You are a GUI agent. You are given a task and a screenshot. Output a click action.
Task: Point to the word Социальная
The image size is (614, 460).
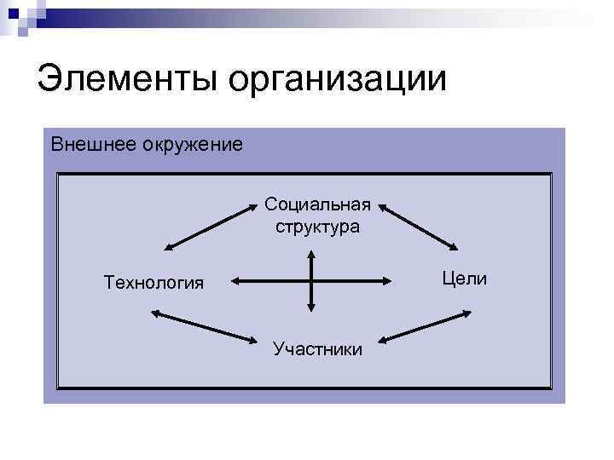317,204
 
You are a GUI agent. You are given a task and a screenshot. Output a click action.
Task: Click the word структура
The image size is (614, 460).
317,227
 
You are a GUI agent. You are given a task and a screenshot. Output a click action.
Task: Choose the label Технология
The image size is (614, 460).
153,282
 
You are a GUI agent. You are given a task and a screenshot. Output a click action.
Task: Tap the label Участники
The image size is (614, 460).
317,348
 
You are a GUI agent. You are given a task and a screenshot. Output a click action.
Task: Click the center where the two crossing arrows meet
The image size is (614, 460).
312,279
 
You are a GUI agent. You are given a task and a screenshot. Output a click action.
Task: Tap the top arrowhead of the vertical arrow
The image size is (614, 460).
312,254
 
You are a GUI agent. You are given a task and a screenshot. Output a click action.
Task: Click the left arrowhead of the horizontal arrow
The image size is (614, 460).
235,279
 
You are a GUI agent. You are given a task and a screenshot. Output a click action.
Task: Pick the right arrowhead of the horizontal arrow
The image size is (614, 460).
389,279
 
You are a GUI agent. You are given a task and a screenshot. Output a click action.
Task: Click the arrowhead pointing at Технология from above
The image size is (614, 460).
168,247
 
